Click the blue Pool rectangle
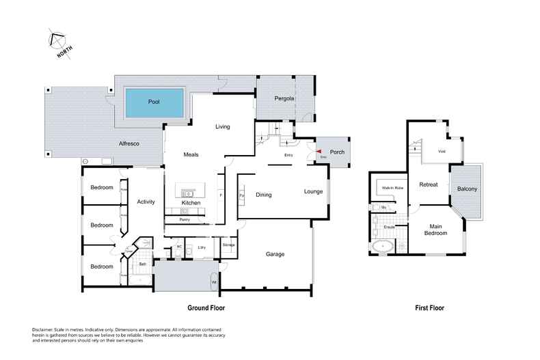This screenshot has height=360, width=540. tap(154, 102)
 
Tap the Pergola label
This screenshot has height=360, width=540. tap(285, 99)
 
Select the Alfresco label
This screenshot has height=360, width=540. tap(130, 143)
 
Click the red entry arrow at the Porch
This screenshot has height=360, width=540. tap(318, 152)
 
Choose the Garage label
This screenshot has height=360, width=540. tap(275, 254)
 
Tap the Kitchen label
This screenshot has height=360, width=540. tap(191, 204)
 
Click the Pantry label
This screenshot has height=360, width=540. tap(184, 219)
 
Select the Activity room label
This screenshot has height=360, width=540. tap(146, 202)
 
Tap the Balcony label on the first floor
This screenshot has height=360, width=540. tap(463, 189)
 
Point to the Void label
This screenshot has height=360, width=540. tap(442, 151)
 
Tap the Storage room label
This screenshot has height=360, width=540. tap(229, 244)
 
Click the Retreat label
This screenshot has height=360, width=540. tap(429, 184)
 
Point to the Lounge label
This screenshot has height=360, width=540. tap(314, 191)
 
